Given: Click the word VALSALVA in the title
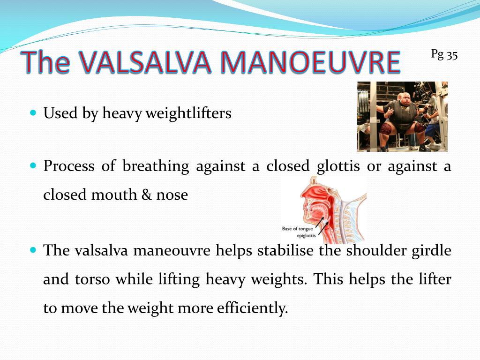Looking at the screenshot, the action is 145,62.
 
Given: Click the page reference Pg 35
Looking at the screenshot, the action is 444,55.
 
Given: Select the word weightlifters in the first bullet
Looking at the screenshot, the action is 188,113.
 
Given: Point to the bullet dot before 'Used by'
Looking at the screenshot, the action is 33,112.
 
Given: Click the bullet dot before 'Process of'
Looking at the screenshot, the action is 33,165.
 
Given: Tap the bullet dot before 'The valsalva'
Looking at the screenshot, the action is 33,250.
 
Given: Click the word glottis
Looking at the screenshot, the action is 338,166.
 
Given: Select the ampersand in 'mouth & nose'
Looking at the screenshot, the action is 146,195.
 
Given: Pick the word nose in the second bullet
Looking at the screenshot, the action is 172,195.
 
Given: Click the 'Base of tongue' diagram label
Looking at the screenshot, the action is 297,229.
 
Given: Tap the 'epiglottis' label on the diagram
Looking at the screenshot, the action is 306,236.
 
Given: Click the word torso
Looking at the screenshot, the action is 92,279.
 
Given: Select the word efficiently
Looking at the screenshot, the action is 253,308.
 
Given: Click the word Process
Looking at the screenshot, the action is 69,166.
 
